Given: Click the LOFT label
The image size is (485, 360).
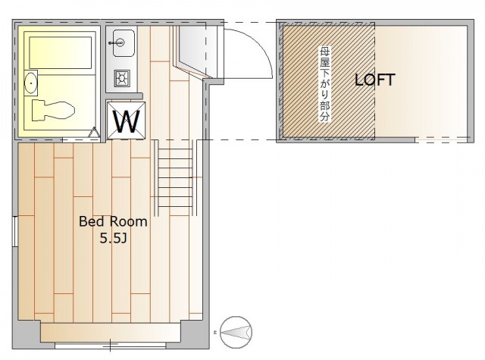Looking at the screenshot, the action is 374,80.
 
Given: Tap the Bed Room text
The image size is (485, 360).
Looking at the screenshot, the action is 113,222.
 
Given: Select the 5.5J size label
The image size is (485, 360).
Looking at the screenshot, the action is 113,238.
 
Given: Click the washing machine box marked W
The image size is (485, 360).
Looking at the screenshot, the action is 127,121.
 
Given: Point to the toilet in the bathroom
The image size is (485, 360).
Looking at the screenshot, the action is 53,111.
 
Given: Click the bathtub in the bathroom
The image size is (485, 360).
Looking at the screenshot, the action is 61,52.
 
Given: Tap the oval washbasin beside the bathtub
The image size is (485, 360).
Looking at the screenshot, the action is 30,83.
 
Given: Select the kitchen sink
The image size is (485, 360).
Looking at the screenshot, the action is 124,43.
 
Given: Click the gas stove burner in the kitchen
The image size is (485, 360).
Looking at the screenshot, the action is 122,79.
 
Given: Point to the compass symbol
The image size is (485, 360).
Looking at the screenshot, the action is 236,332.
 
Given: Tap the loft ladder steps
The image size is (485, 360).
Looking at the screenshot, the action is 175,178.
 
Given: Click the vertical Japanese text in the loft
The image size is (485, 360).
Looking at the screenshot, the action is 325,84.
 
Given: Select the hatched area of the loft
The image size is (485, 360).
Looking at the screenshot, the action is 328,81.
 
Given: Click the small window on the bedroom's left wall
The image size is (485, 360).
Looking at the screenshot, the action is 15,231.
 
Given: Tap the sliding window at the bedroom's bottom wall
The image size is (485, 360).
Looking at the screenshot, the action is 111,346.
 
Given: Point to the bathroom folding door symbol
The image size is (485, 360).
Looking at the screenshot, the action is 94,133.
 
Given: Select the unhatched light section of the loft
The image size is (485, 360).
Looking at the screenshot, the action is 421,81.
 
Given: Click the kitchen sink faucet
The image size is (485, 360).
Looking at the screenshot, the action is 117,42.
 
